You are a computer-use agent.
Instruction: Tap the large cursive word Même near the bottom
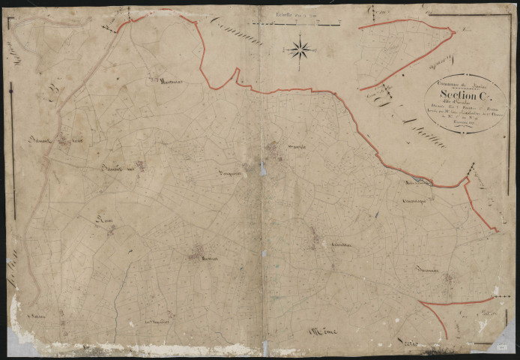click(323, 330)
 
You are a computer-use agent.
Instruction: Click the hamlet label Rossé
click(105, 219)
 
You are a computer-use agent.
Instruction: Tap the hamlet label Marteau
click(208, 259)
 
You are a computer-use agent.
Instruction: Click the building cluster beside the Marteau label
click(197, 251)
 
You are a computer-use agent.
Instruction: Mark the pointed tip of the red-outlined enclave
click(454, 31)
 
